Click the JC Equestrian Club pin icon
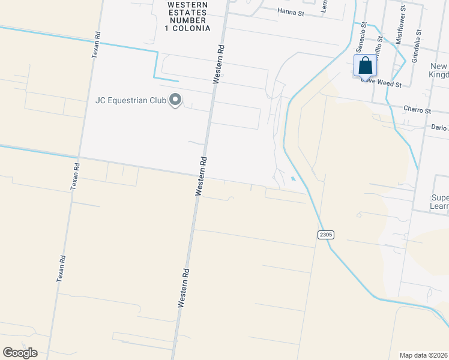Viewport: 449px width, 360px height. [175, 100]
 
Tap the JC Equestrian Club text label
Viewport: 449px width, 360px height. [130, 100]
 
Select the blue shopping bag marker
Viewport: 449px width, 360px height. [365, 66]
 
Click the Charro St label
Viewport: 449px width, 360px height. [418, 110]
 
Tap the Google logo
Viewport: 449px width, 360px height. [20, 353]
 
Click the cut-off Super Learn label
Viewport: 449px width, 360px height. [440, 202]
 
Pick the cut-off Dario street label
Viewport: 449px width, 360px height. [440, 127]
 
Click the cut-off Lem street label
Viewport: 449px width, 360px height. [324, 6]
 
